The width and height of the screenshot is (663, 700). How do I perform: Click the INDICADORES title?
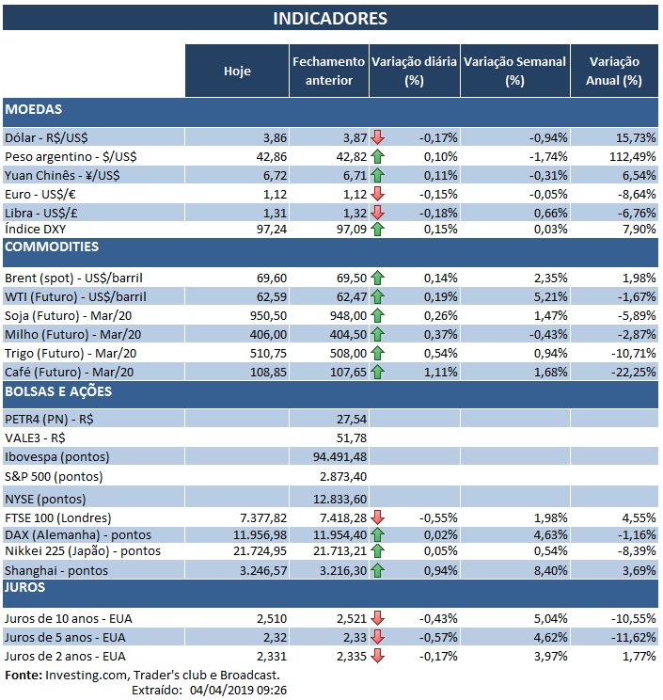[330, 18]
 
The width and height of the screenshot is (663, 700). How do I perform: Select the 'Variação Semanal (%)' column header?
[515, 71]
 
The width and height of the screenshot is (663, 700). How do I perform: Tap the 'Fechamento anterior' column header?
[328, 71]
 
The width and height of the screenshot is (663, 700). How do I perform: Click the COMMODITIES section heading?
[52, 247]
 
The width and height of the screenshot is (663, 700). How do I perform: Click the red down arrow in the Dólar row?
[378, 137]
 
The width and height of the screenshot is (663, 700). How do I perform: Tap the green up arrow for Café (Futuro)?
[378, 372]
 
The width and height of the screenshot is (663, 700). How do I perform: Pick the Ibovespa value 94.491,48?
[333, 457]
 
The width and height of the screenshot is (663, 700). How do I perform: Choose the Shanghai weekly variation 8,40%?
[548, 570]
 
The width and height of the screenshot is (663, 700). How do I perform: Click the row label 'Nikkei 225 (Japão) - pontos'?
[83, 550]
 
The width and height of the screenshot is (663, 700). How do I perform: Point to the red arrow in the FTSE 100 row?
[378, 517]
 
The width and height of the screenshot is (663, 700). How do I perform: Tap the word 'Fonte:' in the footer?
[24, 675]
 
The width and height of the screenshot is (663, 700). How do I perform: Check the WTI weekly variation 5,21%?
[548, 297]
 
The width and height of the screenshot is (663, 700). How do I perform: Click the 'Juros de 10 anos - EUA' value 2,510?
[268, 618]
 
